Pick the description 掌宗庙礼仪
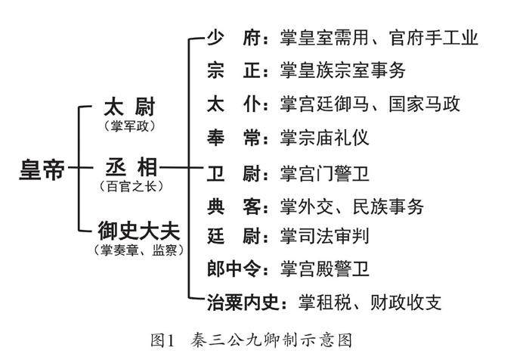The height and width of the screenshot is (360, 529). click(x=324, y=138)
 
